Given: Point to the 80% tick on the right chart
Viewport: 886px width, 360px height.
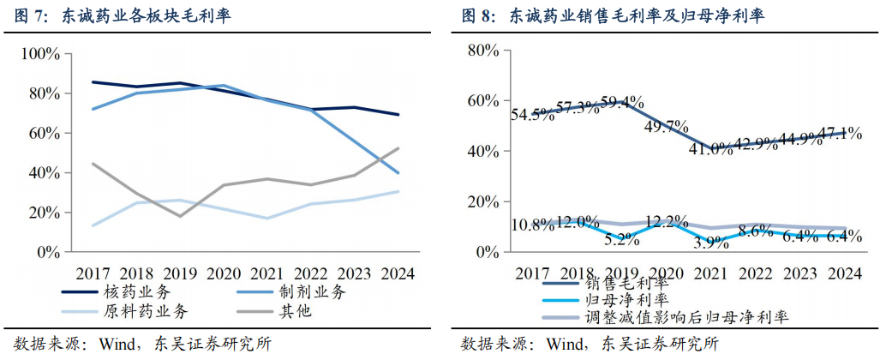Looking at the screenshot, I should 482,51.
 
